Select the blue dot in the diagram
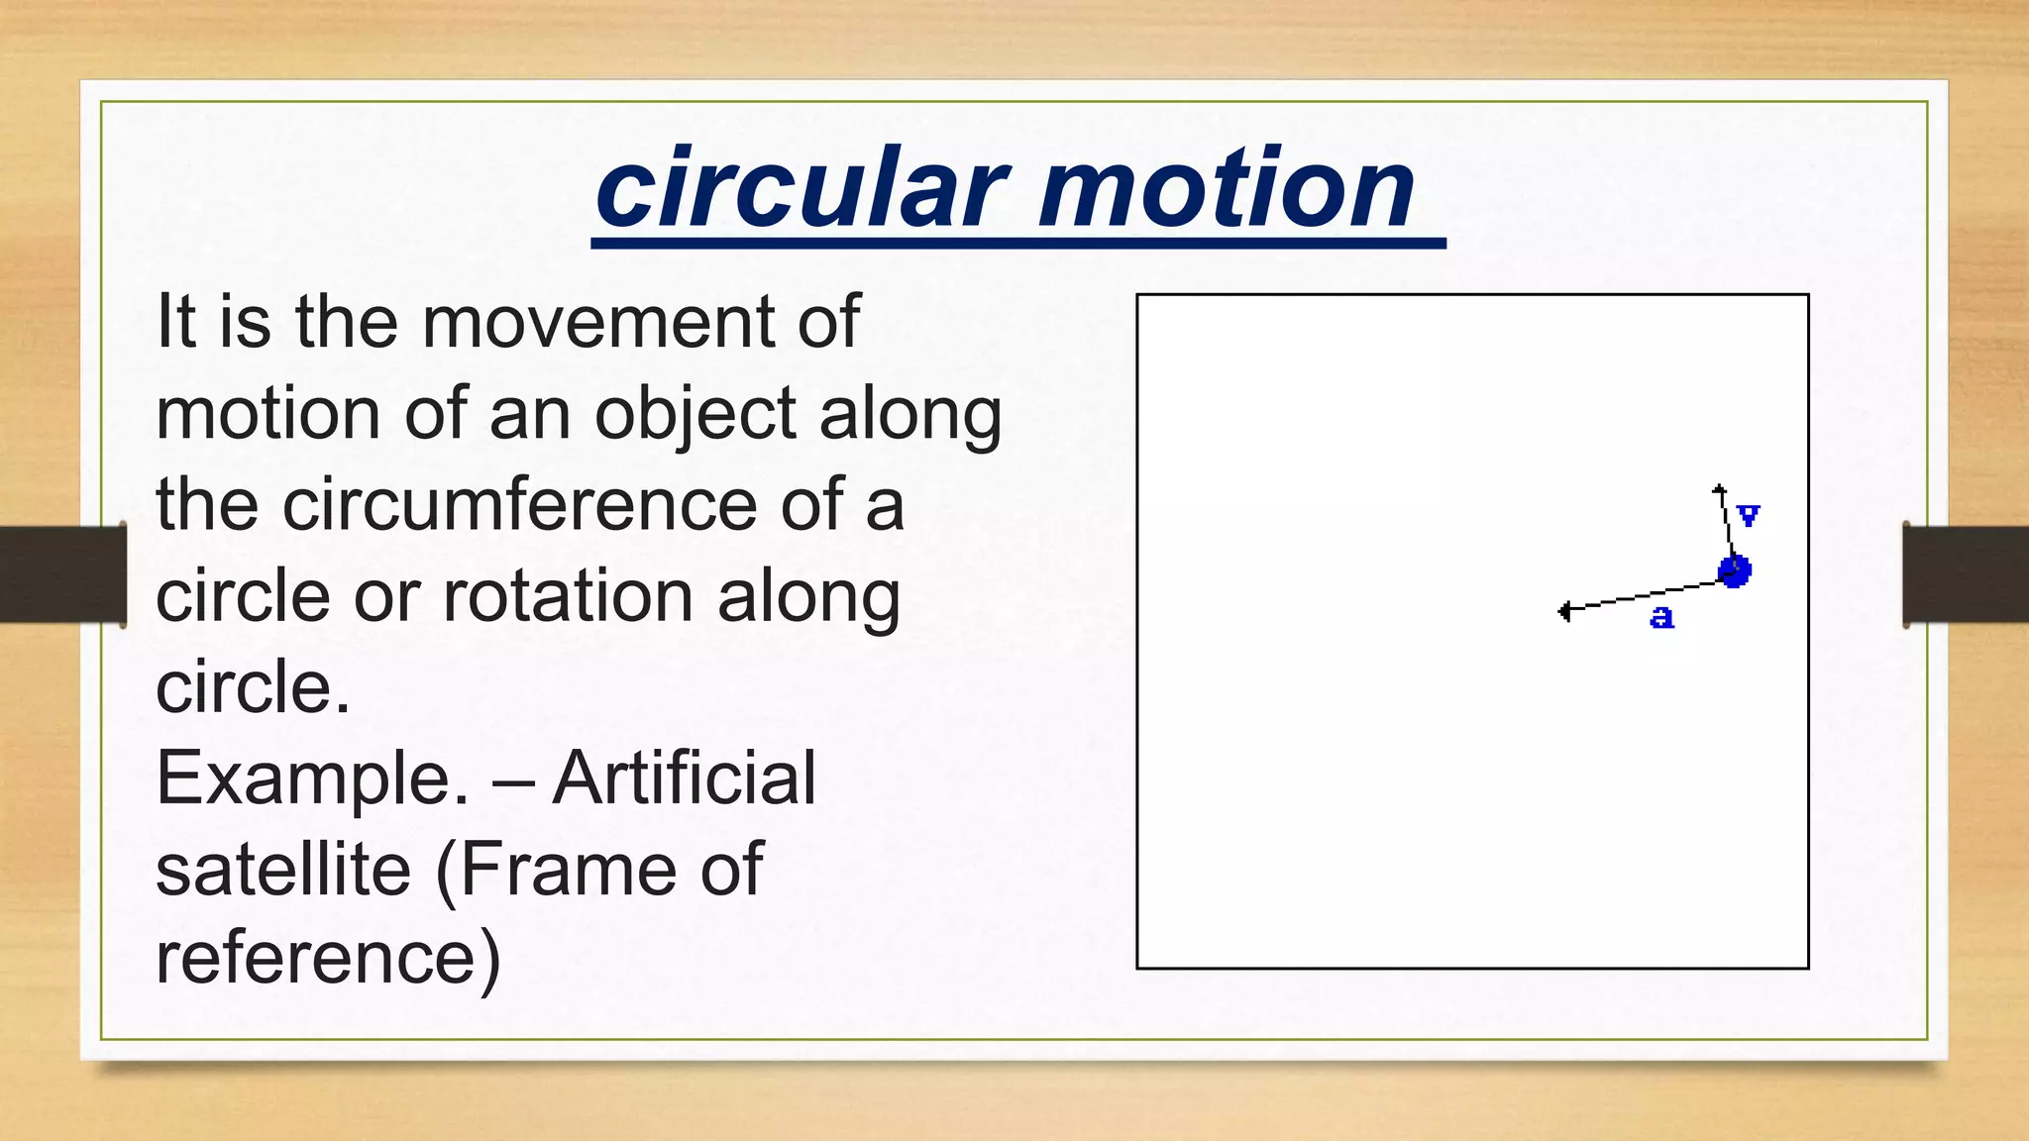coord(1734,570)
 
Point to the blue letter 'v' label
coord(1749,515)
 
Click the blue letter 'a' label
coord(1661,617)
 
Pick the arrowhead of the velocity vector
coord(1720,489)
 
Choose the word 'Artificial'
coord(685,778)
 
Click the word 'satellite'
coord(283,870)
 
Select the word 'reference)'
coord(328,959)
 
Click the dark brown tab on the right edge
coord(1966,574)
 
